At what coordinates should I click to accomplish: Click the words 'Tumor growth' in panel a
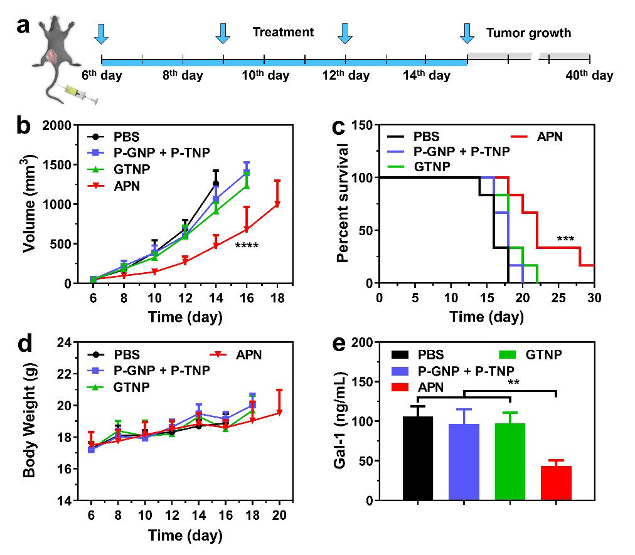point(528,33)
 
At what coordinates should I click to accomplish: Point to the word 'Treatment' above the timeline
point(283,32)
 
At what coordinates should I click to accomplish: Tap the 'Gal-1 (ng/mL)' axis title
point(341,421)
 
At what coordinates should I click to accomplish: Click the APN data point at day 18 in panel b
point(277,204)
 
